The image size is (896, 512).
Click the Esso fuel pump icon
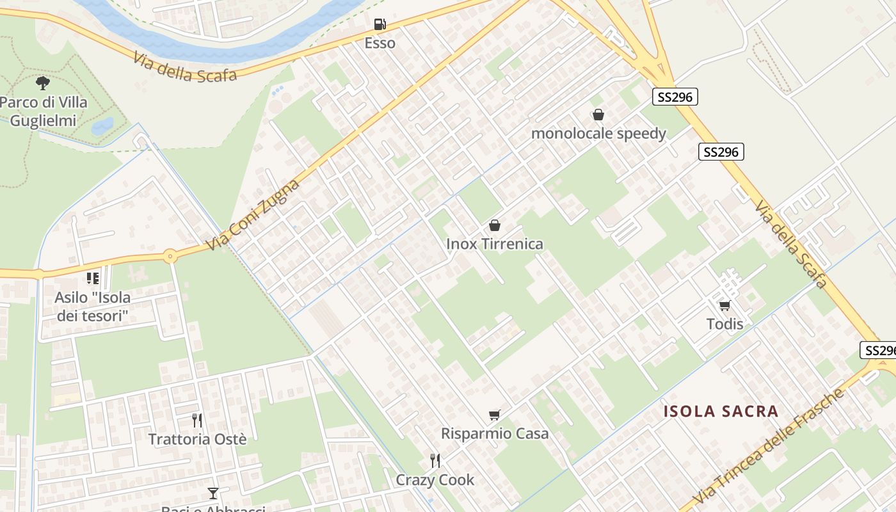pos(380,24)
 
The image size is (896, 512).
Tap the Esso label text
pos(380,43)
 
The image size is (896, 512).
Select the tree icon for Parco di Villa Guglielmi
pos(43,83)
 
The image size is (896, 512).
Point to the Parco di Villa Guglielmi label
pos(44,111)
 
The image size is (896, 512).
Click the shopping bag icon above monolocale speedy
pos(598,115)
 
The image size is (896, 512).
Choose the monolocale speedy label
pos(598,134)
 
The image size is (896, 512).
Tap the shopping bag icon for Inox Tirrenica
pos(494,225)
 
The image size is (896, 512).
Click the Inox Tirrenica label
pos(494,244)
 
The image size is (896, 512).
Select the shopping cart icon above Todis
pos(724,305)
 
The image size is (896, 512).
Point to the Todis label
pos(724,324)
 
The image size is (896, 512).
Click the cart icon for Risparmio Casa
pos(494,415)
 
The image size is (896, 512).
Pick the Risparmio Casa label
pos(495,433)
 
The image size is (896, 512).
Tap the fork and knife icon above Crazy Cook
pos(435,460)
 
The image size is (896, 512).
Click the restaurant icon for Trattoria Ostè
pos(197,420)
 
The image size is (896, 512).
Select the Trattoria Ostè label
pos(197,439)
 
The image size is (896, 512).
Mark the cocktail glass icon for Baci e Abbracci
pos(213,493)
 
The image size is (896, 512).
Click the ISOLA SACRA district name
pos(721,411)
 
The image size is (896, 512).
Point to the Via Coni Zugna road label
pos(253,216)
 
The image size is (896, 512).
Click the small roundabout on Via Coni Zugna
pos(170,257)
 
